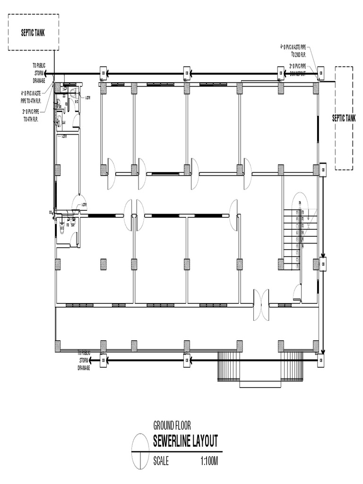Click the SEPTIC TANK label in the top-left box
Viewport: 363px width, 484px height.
pyautogui.click(x=33, y=33)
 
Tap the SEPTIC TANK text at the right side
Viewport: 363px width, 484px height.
pyautogui.click(x=344, y=118)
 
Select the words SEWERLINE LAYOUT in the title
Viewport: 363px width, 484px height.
pyautogui.click(x=185, y=441)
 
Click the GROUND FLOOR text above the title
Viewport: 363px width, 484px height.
pyautogui.click(x=172, y=425)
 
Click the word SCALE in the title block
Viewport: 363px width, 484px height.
pyautogui.click(x=161, y=460)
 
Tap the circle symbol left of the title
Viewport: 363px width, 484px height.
pyautogui.click(x=141, y=452)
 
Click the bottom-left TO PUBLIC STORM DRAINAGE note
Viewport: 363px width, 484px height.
pyautogui.click(x=84, y=360)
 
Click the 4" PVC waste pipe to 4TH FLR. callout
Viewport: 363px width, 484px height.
pyautogui.click(x=30, y=96)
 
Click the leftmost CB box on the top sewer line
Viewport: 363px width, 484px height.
pyautogui.click(x=103, y=74)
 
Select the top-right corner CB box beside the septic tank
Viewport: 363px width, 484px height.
pyautogui.click(x=321, y=73)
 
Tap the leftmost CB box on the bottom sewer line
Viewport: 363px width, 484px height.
pyautogui.click(x=103, y=361)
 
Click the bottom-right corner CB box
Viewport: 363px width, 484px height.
pyautogui.click(x=321, y=361)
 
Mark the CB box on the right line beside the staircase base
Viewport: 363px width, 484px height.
pyautogui.click(x=323, y=264)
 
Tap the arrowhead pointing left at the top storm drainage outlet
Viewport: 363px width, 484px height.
pyautogui.click(x=53, y=74)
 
